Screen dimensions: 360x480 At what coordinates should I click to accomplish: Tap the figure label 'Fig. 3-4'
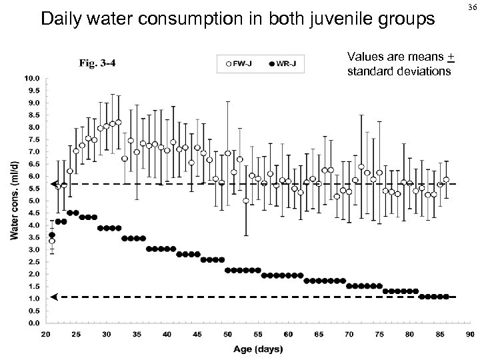[x=97, y=64]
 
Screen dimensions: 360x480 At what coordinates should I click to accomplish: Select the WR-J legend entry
[x=285, y=64]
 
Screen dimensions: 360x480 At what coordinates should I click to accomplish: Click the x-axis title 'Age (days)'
[x=257, y=349]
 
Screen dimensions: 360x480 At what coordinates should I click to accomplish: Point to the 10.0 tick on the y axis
[x=32, y=78]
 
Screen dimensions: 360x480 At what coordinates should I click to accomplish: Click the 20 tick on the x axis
[x=47, y=333]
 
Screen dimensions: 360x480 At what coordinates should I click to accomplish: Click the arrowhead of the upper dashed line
[x=54, y=184]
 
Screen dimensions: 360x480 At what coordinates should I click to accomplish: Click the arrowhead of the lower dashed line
[x=54, y=297]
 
